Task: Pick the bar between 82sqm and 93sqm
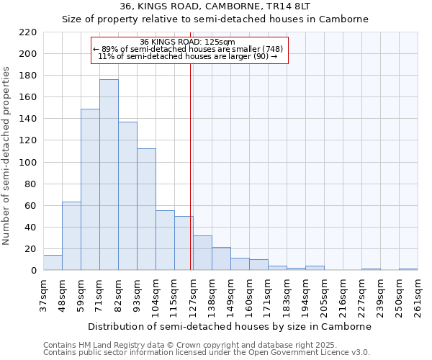[127, 196]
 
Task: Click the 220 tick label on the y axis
[28, 32]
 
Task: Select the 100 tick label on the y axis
[28, 163]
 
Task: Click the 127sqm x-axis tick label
[193, 295]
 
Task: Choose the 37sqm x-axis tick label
[43, 295]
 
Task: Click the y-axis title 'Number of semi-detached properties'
[7, 156]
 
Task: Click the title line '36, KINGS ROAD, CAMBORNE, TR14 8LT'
[215, 6]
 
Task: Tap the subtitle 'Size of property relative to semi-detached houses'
[215, 19]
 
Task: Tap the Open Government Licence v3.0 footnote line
[207, 352]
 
